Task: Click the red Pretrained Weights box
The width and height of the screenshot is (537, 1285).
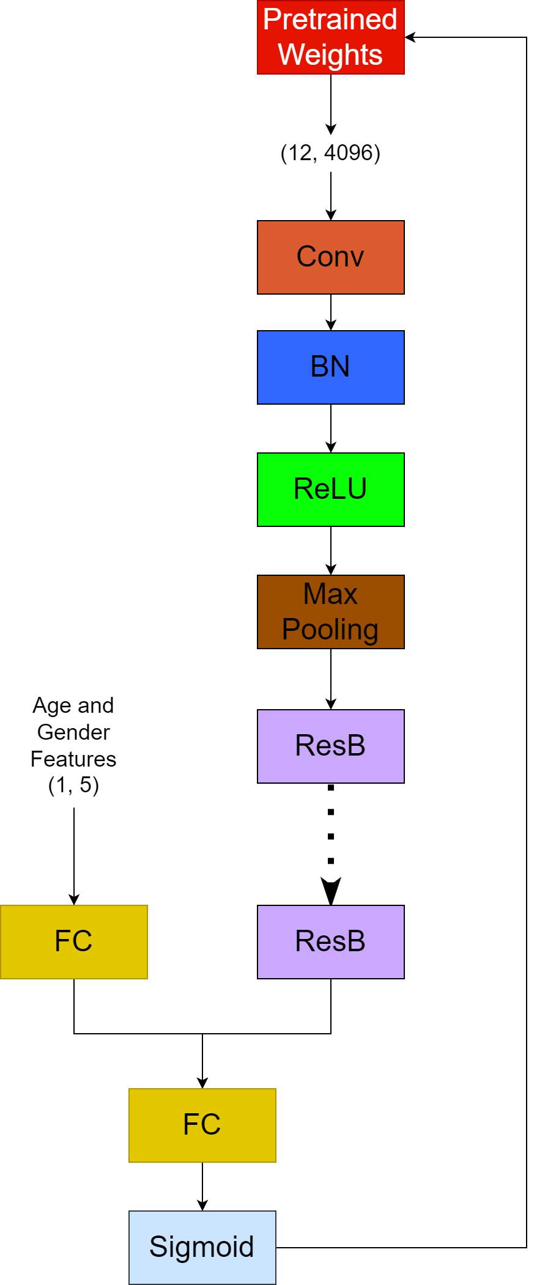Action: pyautogui.click(x=330, y=37)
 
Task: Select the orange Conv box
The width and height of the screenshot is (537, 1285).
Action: pyautogui.click(x=330, y=257)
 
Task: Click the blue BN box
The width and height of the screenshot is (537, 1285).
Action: pyautogui.click(x=330, y=367)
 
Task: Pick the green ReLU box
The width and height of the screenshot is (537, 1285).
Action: pyautogui.click(x=330, y=490)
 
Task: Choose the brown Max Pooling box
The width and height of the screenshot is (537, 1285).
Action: pyautogui.click(x=330, y=612)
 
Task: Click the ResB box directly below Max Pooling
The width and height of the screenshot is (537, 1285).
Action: pyautogui.click(x=330, y=746)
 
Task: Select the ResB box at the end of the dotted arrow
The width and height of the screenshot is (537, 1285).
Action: pyautogui.click(x=330, y=942)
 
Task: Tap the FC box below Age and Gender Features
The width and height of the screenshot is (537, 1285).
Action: pyautogui.click(x=73, y=942)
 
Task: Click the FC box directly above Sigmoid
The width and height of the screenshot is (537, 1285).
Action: pyautogui.click(x=202, y=1125)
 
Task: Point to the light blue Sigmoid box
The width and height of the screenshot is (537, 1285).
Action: pyautogui.click(x=202, y=1248)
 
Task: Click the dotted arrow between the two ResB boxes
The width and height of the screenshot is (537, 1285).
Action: pyautogui.click(x=331, y=844)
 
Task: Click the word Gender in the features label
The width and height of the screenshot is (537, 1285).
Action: pyautogui.click(x=73, y=732)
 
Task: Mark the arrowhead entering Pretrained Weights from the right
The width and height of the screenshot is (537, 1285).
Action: pyautogui.click(x=410, y=37)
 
